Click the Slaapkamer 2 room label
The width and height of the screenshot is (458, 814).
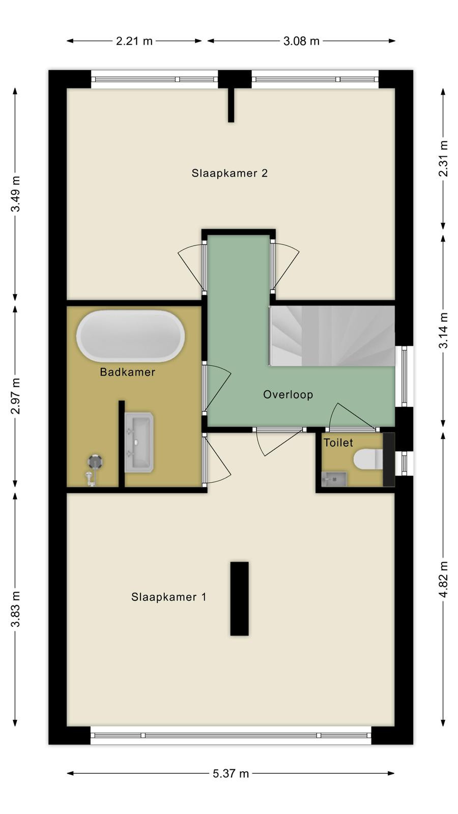click(x=230, y=173)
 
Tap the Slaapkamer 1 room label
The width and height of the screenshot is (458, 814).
click(x=168, y=597)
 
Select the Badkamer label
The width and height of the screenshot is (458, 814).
click(x=128, y=372)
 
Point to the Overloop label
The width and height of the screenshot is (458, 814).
click(x=288, y=394)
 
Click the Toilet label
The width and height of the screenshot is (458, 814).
click(x=338, y=442)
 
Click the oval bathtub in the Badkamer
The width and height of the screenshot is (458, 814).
click(x=130, y=336)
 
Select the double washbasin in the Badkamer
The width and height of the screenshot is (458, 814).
click(x=139, y=442)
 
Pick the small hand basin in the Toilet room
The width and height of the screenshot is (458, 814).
click(x=334, y=479)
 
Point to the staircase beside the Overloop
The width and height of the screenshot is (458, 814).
click(x=331, y=336)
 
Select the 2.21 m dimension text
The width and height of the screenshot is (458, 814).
click(x=134, y=41)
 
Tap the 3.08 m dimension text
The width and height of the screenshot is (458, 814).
click(x=301, y=41)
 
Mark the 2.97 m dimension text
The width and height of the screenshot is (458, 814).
click(x=15, y=396)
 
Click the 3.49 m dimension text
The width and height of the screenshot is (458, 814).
click(x=15, y=194)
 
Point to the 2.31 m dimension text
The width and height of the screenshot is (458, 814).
click(x=443, y=158)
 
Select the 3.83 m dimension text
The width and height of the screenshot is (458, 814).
click(x=15, y=609)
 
